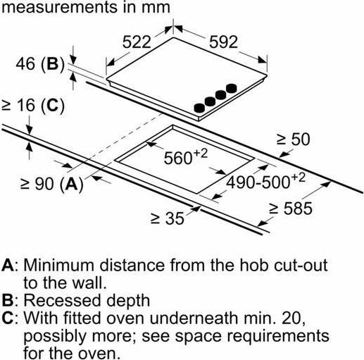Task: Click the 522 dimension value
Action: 137,42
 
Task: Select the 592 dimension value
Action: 223,42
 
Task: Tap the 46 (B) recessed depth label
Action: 39,63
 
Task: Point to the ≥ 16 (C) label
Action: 33,106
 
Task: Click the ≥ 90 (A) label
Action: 52,184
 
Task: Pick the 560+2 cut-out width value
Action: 186,156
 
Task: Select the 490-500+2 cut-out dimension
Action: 265,181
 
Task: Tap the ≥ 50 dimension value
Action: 293,139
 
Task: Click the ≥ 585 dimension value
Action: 291,209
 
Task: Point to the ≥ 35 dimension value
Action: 167,218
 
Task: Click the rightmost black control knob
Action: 232,88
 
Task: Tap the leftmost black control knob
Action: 199,108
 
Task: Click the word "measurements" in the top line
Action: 59,7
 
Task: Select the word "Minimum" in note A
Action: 59,266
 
